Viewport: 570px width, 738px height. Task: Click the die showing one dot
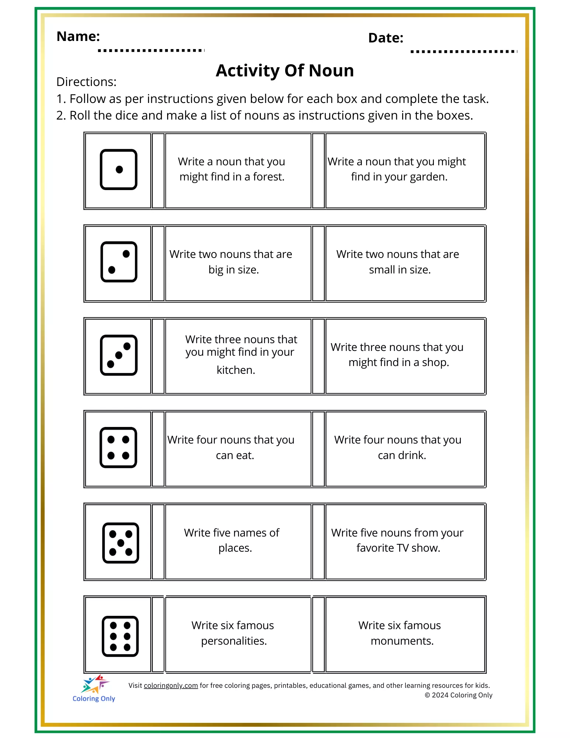point(118,169)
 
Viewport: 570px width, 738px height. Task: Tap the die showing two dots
point(118,262)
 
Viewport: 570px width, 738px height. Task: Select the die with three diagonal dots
point(118,355)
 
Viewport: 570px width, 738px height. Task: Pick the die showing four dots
point(118,448)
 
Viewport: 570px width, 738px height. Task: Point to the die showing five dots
point(121,543)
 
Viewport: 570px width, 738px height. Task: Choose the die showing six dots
point(120,636)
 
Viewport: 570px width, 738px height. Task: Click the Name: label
point(78,37)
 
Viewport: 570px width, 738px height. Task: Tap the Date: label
point(386,38)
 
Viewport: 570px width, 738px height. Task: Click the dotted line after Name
point(151,50)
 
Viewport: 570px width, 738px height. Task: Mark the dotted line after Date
point(463,52)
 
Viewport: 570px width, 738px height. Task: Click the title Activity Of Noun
point(284,70)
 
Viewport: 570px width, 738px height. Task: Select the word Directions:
point(86,82)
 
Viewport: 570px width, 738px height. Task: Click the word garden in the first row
point(428,177)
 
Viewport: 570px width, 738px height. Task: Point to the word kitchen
point(235,370)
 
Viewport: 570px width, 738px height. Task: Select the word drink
point(412,455)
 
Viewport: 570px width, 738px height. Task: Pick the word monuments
point(402,641)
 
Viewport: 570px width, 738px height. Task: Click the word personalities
point(234,641)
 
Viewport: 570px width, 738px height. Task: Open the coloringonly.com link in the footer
point(171,686)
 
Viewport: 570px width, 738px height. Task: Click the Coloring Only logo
point(94,689)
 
